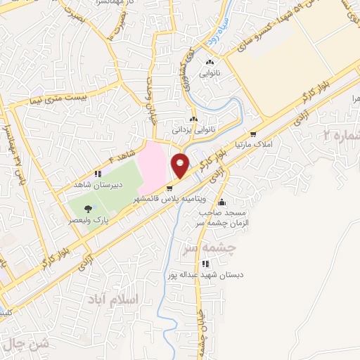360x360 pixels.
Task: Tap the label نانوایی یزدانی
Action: [191, 129]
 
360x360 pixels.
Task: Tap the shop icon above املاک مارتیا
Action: [252, 134]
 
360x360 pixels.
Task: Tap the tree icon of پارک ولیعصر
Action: [87, 208]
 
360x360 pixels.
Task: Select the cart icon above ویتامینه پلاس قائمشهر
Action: [169, 188]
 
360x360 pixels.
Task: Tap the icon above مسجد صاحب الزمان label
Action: [222, 202]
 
